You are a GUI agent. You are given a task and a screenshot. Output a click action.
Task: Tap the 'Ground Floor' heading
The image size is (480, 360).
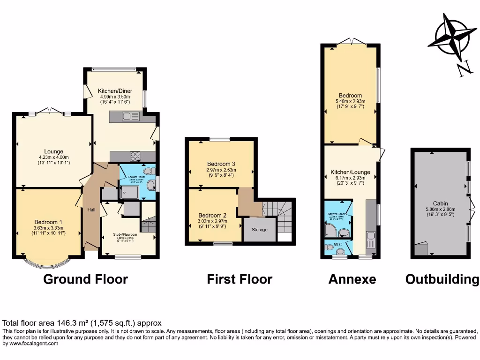click(x=85, y=280)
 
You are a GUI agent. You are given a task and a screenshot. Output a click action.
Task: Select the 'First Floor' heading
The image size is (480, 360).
click(x=240, y=280)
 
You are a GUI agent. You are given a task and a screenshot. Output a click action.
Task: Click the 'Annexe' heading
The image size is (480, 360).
click(x=352, y=280)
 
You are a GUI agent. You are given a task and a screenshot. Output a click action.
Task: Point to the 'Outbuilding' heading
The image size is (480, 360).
click(x=442, y=280)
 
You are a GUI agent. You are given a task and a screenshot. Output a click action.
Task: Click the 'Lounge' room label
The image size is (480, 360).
click(x=54, y=151)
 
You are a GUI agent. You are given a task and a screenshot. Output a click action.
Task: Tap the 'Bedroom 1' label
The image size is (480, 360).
click(x=48, y=222)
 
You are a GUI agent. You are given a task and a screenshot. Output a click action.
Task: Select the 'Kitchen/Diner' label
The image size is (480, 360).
click(x=115, y=91)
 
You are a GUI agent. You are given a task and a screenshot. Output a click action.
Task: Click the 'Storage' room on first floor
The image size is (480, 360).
click(x=260, y=230)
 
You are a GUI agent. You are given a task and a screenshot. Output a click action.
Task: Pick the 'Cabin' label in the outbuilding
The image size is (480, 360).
click(x=440, y=203)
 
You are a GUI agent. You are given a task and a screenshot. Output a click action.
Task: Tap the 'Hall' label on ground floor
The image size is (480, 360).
click(x=91, y=210)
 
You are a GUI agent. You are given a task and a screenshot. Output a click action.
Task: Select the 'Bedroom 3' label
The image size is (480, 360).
click(x=221, y=164)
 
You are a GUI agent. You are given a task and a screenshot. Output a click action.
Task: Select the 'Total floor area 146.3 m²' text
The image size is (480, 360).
click(x=82, y=323)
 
